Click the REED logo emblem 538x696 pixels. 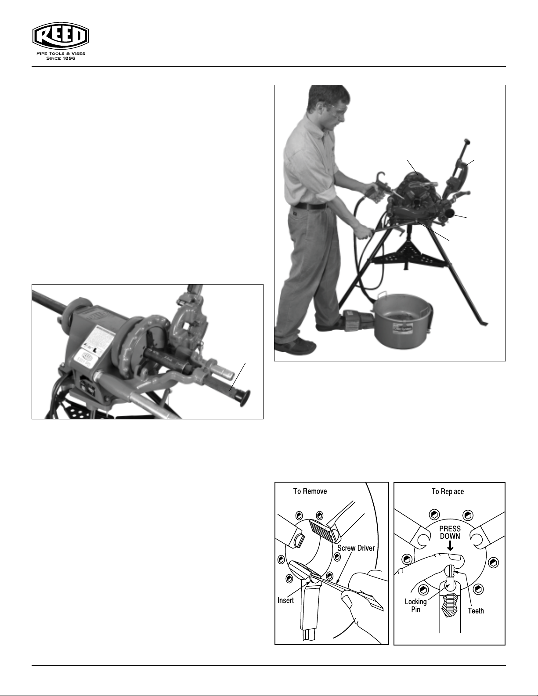[x=61, y=36]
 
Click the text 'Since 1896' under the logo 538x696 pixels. [x=61, y=58]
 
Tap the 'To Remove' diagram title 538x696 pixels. [x=310, y=491]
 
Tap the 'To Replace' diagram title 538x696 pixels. [x=448, y=491]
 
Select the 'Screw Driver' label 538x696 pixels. [x=356, y=548]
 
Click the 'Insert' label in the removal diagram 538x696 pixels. [x=285, y=600]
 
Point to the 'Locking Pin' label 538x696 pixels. [x=415, y=606]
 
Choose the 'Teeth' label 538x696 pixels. [x=476, y=611]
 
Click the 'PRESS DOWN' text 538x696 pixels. [x=450, y=532]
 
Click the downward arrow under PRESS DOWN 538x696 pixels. [x=450, y=546]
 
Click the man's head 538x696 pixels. [x=327, y=104]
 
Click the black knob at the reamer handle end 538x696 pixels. [x=245, y=399]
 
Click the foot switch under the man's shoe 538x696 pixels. [x=357, y=320]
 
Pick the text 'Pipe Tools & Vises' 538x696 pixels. [x=61, y=54]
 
